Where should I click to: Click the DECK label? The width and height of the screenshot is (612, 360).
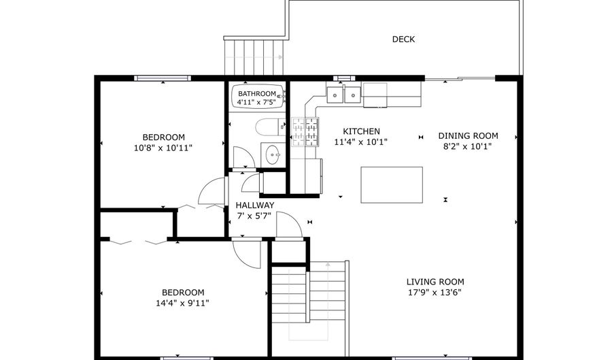click(403, 39)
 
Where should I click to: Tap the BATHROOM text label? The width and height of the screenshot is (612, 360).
click(256, 94)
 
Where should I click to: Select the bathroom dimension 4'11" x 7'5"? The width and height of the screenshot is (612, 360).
click(256, 103)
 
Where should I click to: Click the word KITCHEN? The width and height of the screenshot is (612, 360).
click(361, 132)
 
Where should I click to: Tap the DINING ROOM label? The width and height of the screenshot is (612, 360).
click(468, 135)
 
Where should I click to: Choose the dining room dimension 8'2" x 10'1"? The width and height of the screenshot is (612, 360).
click(468, 146)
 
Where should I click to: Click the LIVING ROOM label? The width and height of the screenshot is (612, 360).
click(435, 282)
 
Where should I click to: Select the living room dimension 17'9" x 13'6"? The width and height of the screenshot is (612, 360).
click(435, 293)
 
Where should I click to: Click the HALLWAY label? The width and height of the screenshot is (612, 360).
click(255, 206)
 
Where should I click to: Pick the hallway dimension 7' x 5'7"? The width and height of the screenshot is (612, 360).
click(255, 216)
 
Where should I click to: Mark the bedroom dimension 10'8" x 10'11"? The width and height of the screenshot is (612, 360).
click(163, 146)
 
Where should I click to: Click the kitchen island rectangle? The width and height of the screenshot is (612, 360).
click(391, 184)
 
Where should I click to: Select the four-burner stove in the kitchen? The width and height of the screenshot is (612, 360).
click(305, 132)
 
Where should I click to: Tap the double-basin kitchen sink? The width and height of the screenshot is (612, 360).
click(344, 94)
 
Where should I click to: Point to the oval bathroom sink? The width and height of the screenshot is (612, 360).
click(273, 155)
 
